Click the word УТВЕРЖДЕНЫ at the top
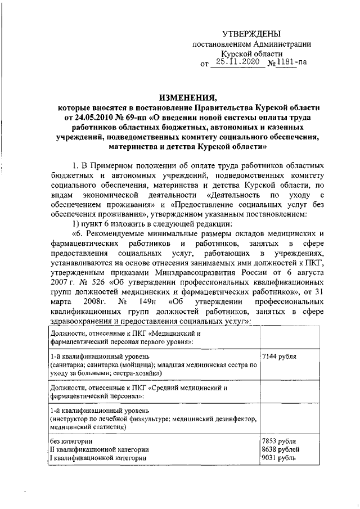pyautogui.click(x=249, y=34)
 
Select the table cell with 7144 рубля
pyautogui.click(x=280, y=357)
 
